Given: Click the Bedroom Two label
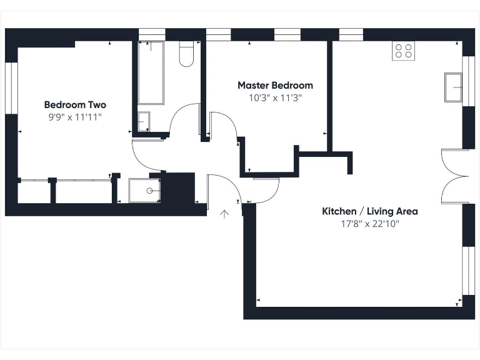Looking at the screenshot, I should [75, 105].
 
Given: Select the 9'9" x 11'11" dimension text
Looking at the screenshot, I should [75, 117].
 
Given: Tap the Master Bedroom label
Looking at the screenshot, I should [275, 85].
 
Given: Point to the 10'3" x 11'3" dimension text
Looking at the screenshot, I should [275, 97].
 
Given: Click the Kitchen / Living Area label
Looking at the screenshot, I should [369, 211].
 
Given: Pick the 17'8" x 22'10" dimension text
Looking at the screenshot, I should [369, 223].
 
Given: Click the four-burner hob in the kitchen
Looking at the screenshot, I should [403, 51].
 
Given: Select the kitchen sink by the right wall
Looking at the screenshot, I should [453, 87].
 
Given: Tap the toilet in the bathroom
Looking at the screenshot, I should [186, 54].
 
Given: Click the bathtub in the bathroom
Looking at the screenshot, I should [151, 72].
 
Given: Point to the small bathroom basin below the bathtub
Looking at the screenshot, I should [144, 121].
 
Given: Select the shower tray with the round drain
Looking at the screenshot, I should [144, 191].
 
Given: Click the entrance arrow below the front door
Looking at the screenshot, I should [224, 214].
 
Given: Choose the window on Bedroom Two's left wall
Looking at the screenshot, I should [11, 87].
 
